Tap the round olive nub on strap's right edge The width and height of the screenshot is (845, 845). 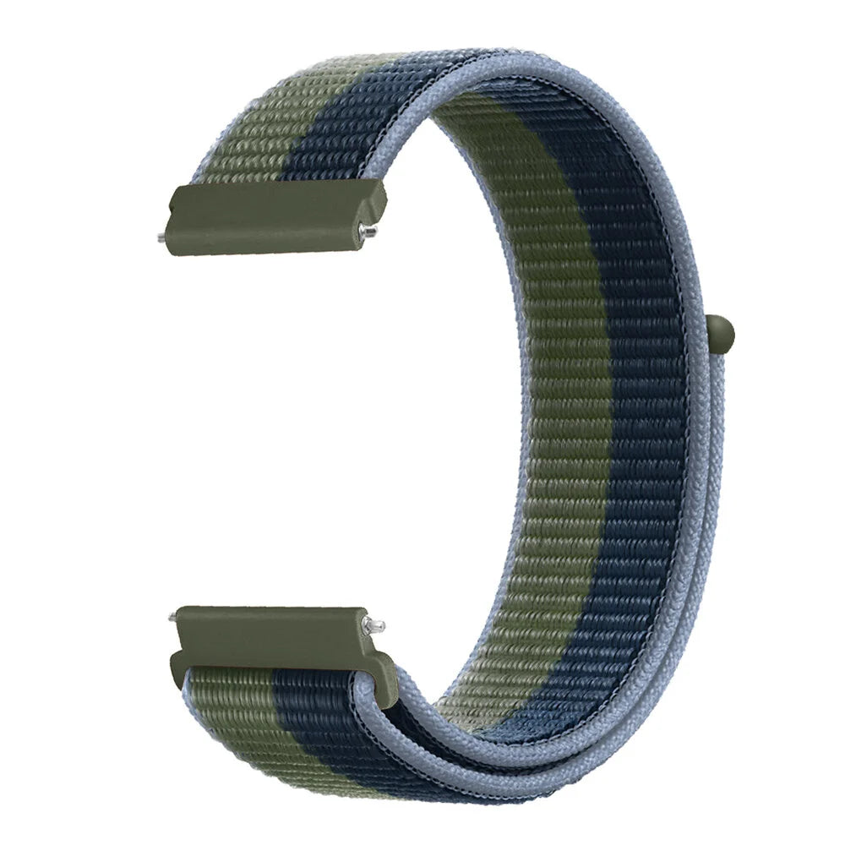tap(720, 331)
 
